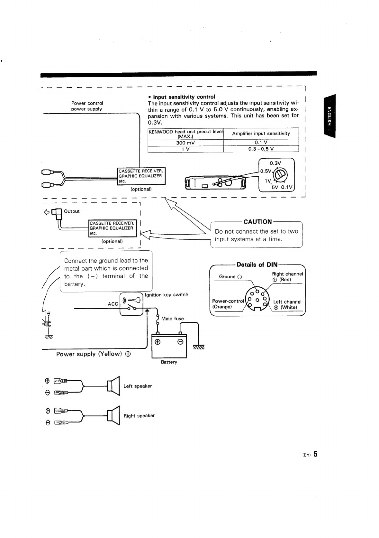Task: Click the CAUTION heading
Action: tap(257, 222)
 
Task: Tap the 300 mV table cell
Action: tap(185, 143)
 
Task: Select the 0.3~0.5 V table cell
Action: tap(261, 149)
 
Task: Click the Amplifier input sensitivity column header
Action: tap(261, 134)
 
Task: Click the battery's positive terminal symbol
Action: tap(158, 342)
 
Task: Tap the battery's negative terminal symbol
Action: tap(181, 342)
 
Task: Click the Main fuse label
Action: tap(172, 319)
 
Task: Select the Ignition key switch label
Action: tap(167, 295)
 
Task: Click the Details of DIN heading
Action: tap(257, 265)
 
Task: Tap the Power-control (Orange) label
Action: tap(228, 304)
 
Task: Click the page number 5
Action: tap(315, 454)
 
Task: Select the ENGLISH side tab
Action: tap(330, 116)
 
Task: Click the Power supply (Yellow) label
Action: tap(93, 354)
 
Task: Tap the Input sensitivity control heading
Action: tap(184, 97)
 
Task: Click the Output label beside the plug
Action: tap(72, 211)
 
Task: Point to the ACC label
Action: tap(113, 304)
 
